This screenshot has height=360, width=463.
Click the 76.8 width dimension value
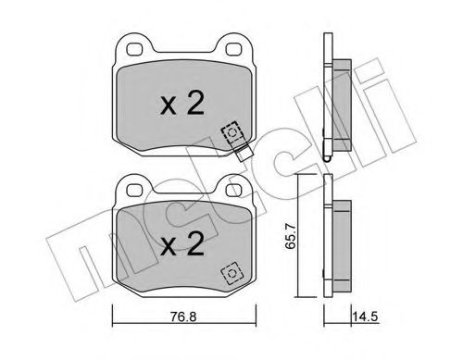183,317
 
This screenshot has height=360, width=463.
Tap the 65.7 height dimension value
291,237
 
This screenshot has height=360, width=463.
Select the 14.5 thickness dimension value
366,317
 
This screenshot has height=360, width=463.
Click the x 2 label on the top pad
182,104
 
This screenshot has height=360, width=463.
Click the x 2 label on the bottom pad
182,243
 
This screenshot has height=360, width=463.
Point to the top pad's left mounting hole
135,49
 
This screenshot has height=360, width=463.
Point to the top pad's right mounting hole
233,49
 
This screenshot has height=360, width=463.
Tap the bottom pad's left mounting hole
135,190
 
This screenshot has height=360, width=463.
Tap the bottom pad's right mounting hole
233,190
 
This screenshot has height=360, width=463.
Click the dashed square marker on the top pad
231,132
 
